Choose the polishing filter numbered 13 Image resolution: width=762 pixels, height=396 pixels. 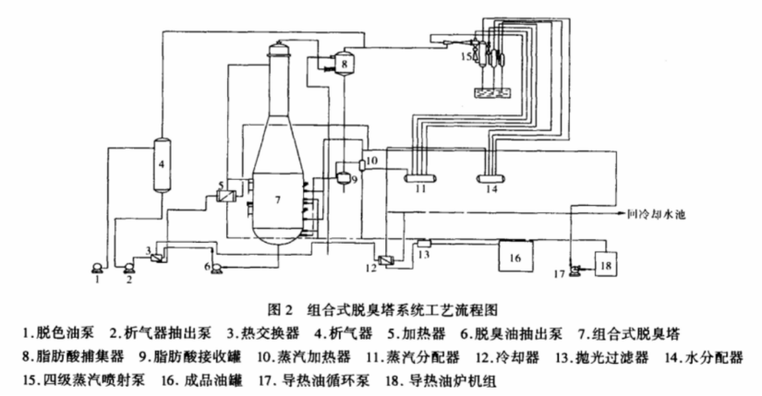(424, 242)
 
